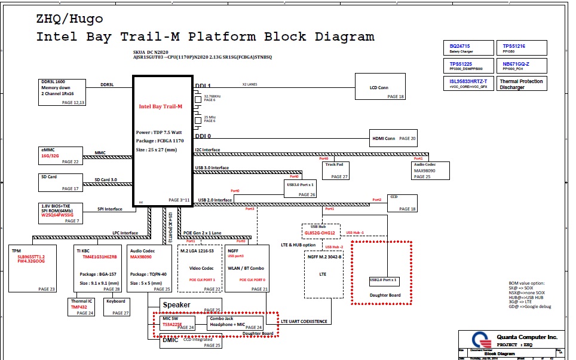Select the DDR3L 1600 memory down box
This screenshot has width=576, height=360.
pos(62,92)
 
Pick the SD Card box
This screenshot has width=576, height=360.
pos(59,183)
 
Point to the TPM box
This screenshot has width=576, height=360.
pos(33,269)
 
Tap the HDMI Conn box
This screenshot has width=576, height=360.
pos(393,139)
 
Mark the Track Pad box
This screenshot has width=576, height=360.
pos(336,170)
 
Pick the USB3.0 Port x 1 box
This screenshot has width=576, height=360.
pos(301,188)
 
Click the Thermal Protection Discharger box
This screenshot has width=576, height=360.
pos(522,84)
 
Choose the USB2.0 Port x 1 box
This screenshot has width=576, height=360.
pos(383,280)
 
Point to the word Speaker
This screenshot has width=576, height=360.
pos(177,305)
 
